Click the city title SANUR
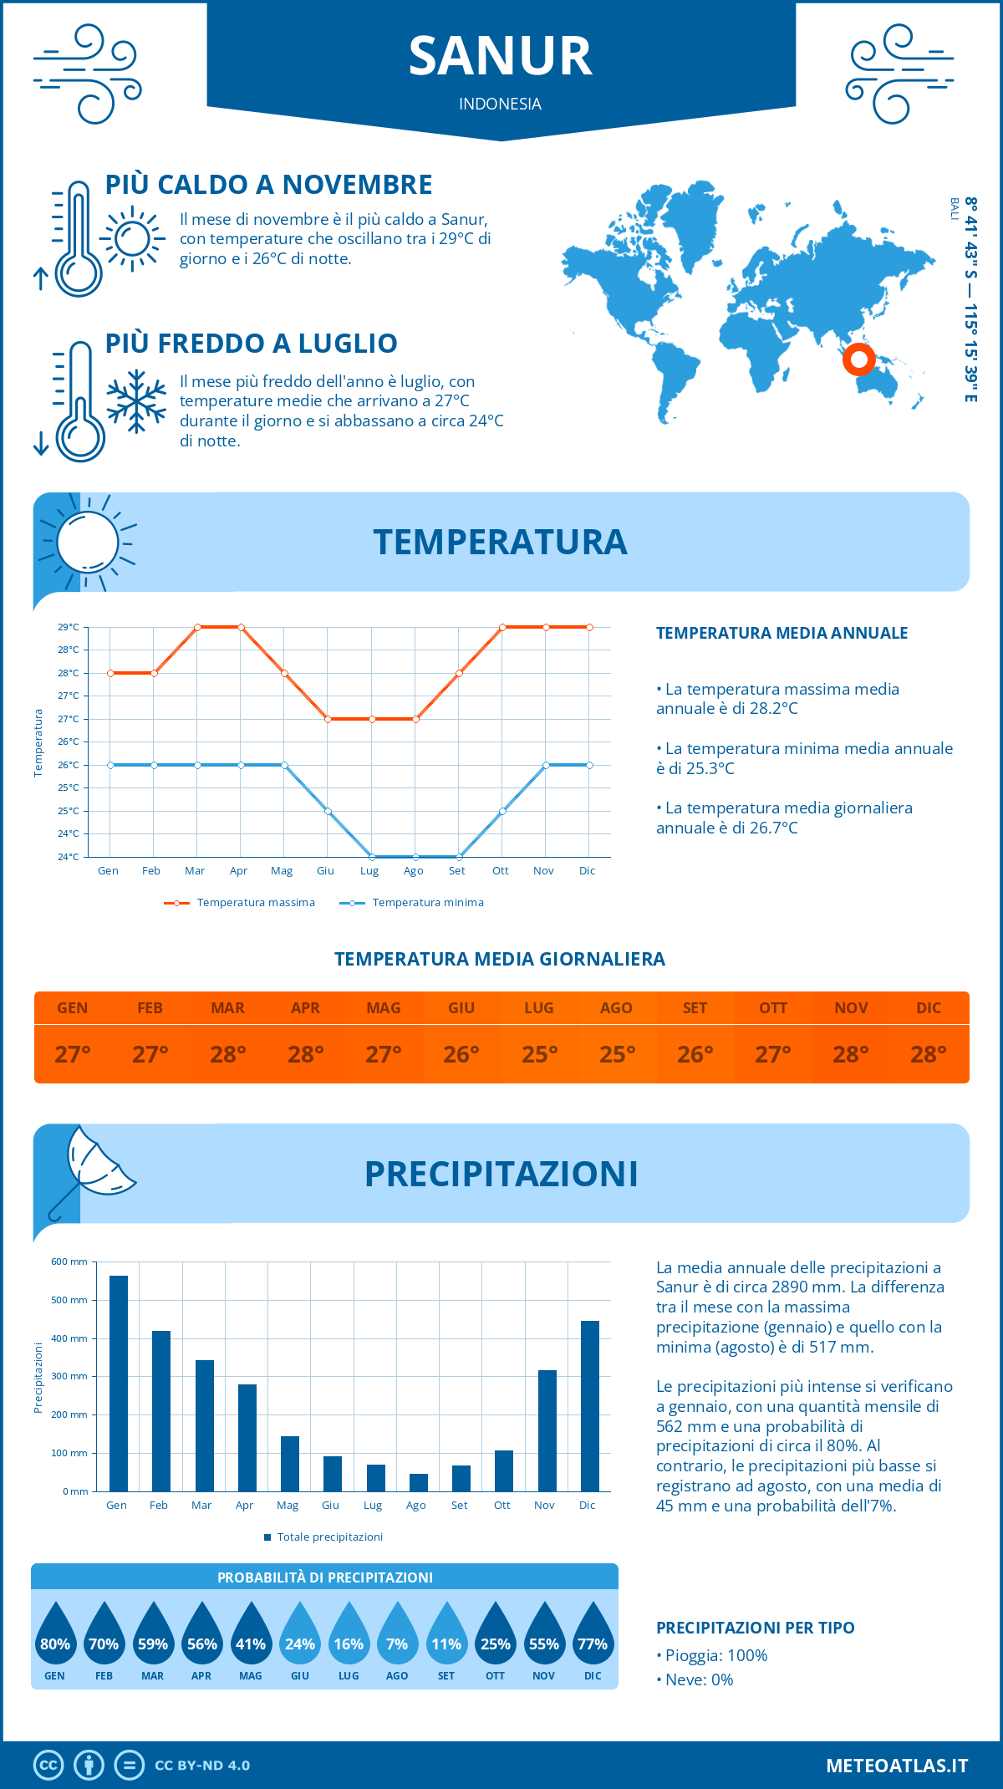(500, 56)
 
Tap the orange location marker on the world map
(858, 359)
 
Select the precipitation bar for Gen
(119, 1383)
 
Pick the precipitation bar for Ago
(418, 1482)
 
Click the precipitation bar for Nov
(547, 1430)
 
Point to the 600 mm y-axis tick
(69, 1261)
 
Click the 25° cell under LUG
(539, 1054)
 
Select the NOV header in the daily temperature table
(851, 1008)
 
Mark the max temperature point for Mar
(197, 627)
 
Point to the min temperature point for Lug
(372, 857)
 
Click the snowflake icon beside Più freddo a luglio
(136, 401)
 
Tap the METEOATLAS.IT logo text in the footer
(896, 1766)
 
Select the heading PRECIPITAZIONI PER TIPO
(755, 1628)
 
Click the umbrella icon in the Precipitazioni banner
(92, 1170)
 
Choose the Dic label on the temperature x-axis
(587, 871)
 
